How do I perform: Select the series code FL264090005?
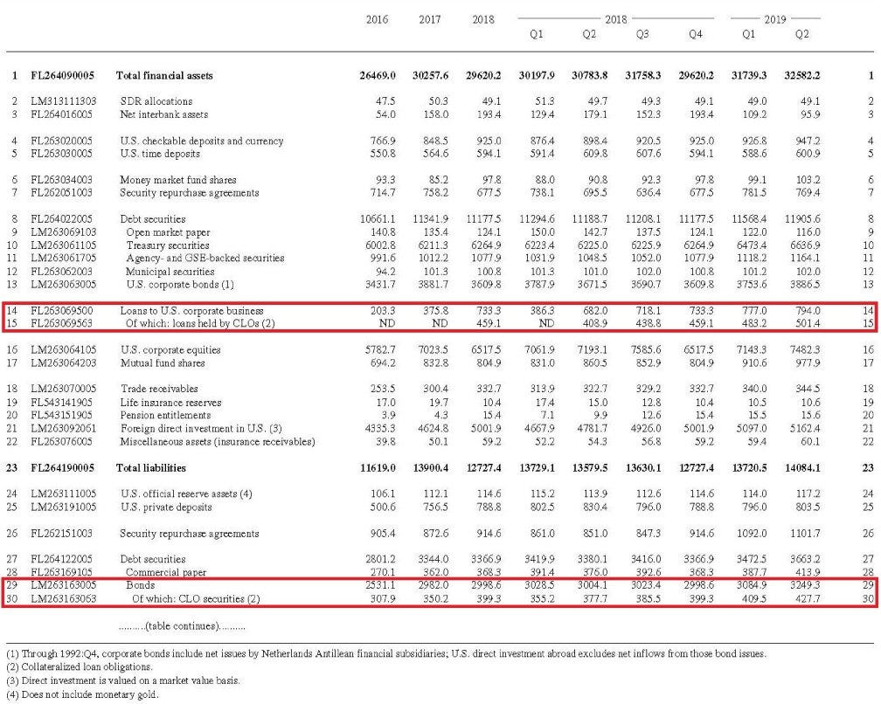point(66,76)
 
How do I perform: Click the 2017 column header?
point(429,19)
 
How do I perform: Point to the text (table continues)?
point(182,626)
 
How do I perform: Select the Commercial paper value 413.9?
point(805,571)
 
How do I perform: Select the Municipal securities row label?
point(175,271)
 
